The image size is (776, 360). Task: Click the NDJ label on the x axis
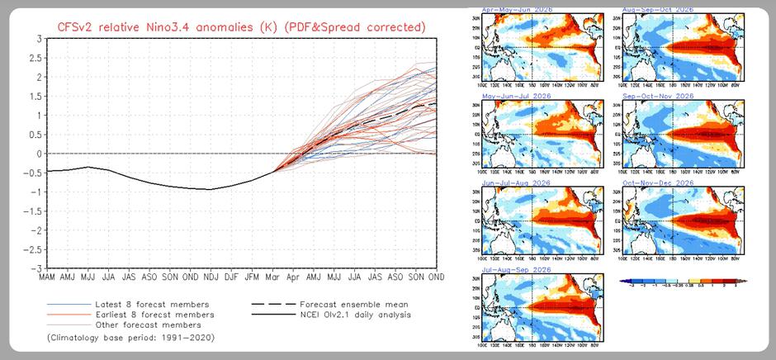click(211, 278)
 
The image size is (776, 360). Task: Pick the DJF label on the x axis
click(232, 278)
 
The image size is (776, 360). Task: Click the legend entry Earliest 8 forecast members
click(147, 315)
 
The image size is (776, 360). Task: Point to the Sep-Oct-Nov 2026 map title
click(657, 96)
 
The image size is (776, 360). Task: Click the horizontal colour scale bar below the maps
click(682, 282)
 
